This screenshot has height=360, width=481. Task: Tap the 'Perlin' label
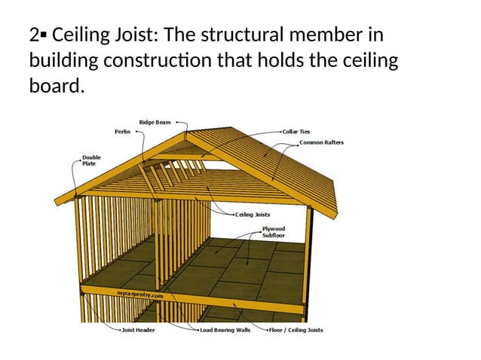(122, 130)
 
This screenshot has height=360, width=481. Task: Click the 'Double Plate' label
(90, 160)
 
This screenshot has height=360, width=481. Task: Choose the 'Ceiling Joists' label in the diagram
(253, 215)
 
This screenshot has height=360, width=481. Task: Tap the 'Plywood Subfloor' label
(273, 231)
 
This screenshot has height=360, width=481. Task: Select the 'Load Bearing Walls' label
(225, 330)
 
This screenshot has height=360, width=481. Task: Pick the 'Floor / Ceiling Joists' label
(298, 330)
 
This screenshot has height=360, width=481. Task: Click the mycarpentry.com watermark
(139, 295)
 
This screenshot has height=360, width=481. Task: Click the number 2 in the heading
(34, 35)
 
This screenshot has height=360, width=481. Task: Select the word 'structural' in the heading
(252, 35)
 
